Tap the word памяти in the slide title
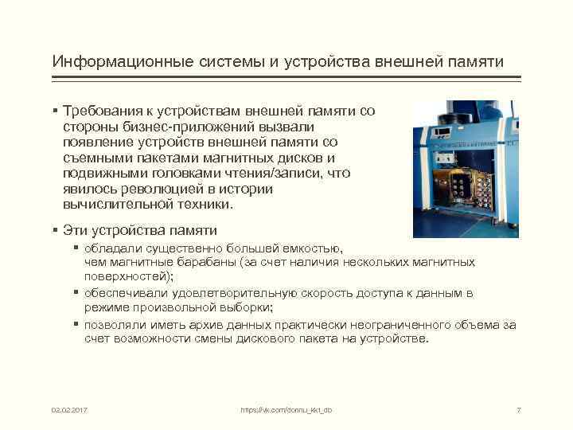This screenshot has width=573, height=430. pyautogui.click(x=476, y=61)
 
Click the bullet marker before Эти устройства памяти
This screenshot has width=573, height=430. pyautogui.click(x=56, y=230)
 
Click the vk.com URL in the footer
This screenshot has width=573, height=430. pyautogui.click(x=286, y=409)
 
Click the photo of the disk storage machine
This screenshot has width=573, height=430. pyautogui.click(x=465, y=168)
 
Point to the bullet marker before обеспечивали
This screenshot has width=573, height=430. pyautogui.click(x=76, y=293)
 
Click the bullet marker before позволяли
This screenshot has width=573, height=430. pyautogui.click(x=76, y=324)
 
